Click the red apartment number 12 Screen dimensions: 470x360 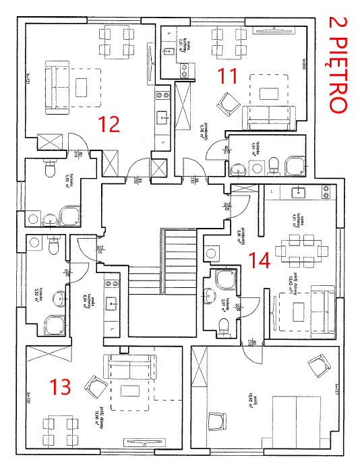click(x=109, y=124)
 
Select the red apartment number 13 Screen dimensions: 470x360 click(x=61, y=386)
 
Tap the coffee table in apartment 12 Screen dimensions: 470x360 click(x=83, y=87)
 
